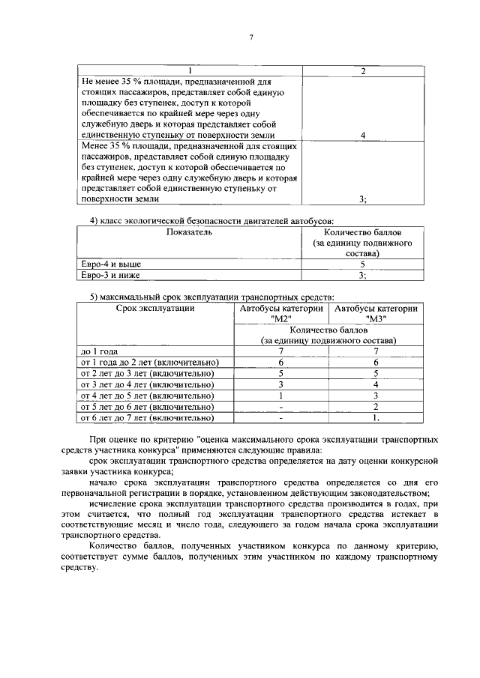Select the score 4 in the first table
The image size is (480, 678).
363,135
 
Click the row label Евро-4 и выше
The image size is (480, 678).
111,264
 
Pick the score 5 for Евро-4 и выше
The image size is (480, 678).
362,264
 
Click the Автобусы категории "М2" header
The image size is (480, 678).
280,313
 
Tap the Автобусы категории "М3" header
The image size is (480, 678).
376,313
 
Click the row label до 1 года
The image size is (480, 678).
100,351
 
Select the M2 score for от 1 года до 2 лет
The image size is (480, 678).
280,362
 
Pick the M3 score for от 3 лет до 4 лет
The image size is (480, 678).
376,384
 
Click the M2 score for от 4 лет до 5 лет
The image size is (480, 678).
280,396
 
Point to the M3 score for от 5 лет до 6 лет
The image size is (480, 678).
376,407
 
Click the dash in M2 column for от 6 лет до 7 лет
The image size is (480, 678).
280,418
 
